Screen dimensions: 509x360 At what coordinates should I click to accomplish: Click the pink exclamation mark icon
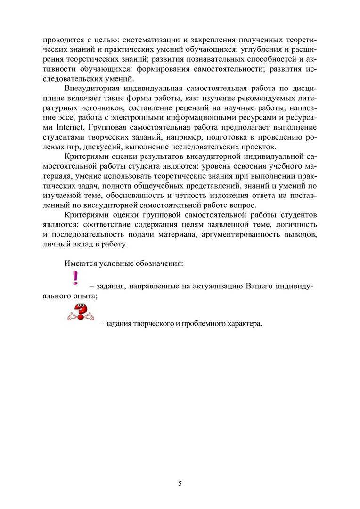coord(74,278)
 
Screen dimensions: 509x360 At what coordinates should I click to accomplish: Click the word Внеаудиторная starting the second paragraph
coord(94,88)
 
